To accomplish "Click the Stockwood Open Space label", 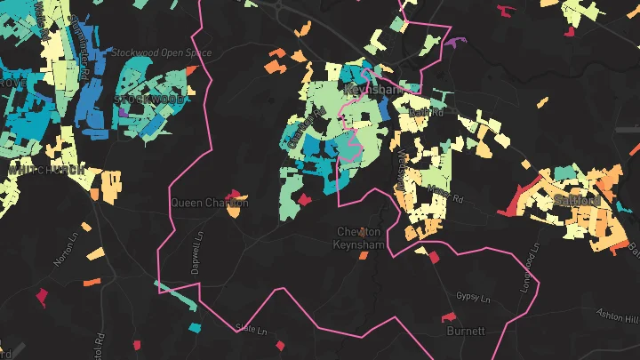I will click(x=161, y=52).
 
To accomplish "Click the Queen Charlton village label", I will click(x=210, y=203).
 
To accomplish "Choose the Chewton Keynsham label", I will click(x=363, y=238).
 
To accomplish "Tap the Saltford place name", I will click(x=576, y=201).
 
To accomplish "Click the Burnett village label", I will click(x=466, y=331).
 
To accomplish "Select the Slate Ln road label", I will click(x=250, y=328).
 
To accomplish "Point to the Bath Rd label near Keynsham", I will click(x=428, y=113).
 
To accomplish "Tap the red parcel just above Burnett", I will click(x=435, y=257).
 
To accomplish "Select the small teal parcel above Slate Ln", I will click(x=195, y=328).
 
